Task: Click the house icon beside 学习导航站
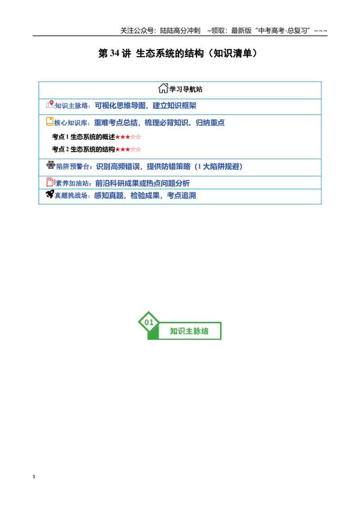(x=163, y=88)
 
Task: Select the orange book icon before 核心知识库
(x=49, y=121)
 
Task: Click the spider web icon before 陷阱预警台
(x=51, y=165)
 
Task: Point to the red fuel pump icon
(x=51, y=182)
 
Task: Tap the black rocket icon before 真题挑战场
(x=49, y=194)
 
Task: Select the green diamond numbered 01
(x=148, y=322)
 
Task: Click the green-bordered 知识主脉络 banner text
(x=189, y=331)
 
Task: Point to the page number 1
(x=34, y=477)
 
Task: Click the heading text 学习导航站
(x=186, y=89)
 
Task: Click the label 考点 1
(x=60, y=137)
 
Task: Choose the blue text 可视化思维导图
(x=120, y=106)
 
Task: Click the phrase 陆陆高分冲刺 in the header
(x=180, y=31)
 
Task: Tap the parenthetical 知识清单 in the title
(x=233, y=53)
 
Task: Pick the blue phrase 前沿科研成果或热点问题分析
(x=142, y=183)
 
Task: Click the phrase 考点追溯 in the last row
(x=181, y=196)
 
